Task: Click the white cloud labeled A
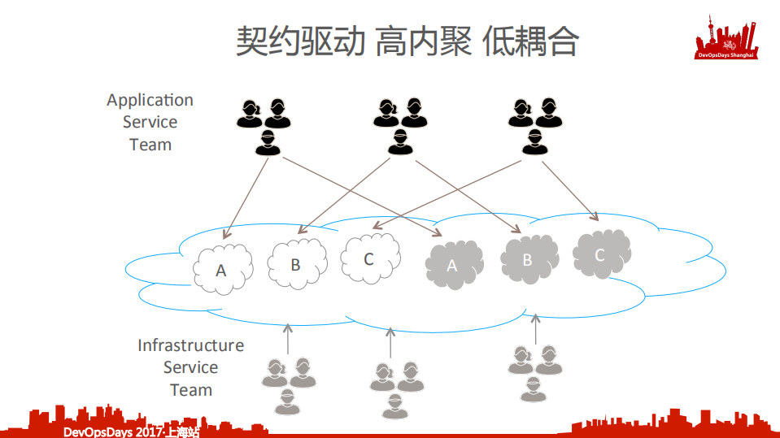pyautogui.click(x=222, y=267)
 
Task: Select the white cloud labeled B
pyautogui.click(x=296, y=263)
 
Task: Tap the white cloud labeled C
pyautogui.click(x=369, y=258)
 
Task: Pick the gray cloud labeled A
pyautogui.click(x=453, y=264)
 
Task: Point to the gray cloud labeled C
pyautogui.click(x=601, y=254)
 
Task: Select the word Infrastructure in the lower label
pyautogui.click(x=190, y=345)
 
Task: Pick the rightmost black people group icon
pyautogui.click(x=534, y=126)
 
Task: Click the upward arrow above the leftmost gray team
pyautogui.click(x=286, y=339)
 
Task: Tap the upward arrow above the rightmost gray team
pyautogui.click(x=534, y=327)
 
